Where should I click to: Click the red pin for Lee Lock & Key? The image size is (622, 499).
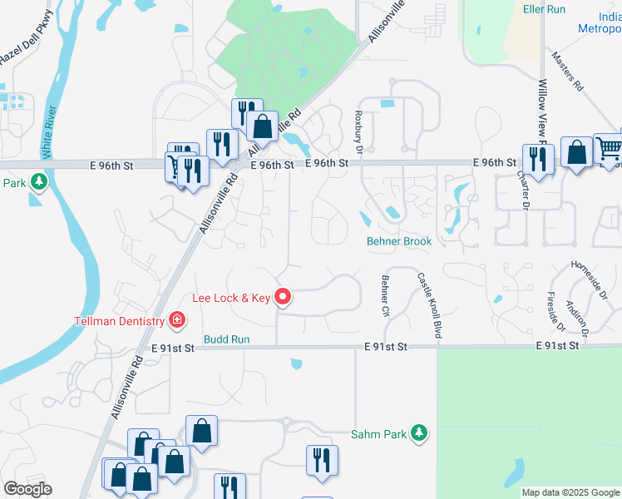[283, 296]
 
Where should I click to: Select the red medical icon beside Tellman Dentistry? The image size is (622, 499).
[176, 319]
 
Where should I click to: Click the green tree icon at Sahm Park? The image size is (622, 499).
[421, 433]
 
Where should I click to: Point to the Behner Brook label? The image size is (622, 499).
[399, 242]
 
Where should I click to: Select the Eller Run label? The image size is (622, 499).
[545, 9]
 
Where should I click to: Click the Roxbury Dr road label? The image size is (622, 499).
[359, 131]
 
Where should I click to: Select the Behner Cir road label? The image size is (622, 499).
[385, 296]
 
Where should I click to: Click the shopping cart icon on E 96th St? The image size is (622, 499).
[610, 148]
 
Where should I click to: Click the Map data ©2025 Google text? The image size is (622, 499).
[570, 492]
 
